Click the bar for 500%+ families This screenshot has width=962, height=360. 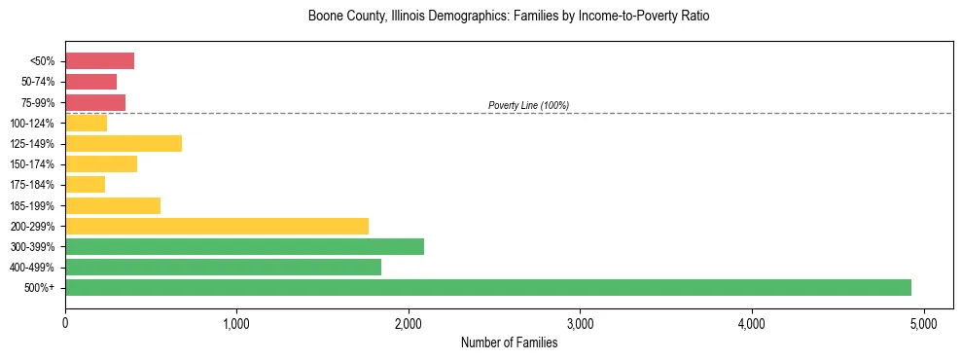[x=487, y=287]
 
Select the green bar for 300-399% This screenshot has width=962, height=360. [x=244, y=246]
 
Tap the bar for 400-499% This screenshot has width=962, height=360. [x=223, y=267]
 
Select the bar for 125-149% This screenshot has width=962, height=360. [x=124, y=144]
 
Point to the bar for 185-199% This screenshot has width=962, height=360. [x=113, y=205]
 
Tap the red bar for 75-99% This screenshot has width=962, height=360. [x=95, y=102]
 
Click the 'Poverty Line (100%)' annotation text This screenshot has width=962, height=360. [x=528, y=105]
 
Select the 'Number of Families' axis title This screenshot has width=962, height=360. [x=509, y=342]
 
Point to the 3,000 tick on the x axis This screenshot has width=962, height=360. [x=580, y=322]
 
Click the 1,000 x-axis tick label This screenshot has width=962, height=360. [x=236, y=322]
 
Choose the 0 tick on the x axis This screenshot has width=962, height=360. [x=65, y=322]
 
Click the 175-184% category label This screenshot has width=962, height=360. [x=32, y=185]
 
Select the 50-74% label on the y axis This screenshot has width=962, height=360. [x=35, y=82]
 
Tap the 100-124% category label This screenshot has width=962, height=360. [x=32, y=124]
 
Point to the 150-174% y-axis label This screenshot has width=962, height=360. [x=32, y=164]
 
